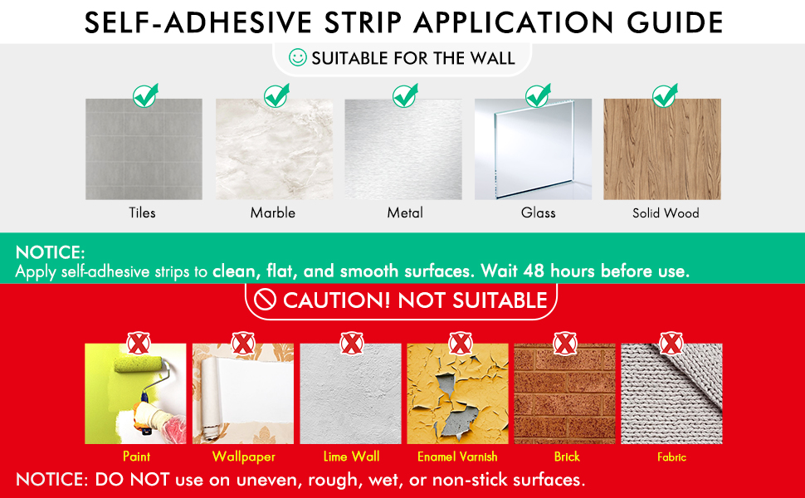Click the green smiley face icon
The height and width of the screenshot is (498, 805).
click(297, 57)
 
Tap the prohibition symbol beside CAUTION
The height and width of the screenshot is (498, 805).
click(265, 300)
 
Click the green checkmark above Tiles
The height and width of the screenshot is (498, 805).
click(145, 95)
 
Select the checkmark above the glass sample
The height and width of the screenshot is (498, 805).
click(538, 95)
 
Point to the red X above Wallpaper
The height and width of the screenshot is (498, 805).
click(243, 343)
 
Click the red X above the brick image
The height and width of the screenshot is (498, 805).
click(564, 343)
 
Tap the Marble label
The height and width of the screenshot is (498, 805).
click(272, 212)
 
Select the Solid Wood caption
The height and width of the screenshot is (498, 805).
click(666, 213)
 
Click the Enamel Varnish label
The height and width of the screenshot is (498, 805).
click(457, 456)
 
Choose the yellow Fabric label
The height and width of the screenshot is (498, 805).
click(671, 457)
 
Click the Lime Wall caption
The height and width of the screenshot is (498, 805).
click(351, 456)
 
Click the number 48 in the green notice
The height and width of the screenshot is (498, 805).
click(534, 271)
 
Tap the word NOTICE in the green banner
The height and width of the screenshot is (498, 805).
click(50, 252)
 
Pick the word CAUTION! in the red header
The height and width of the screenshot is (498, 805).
click(336, 300)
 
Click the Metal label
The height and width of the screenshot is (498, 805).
click(405, 212)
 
